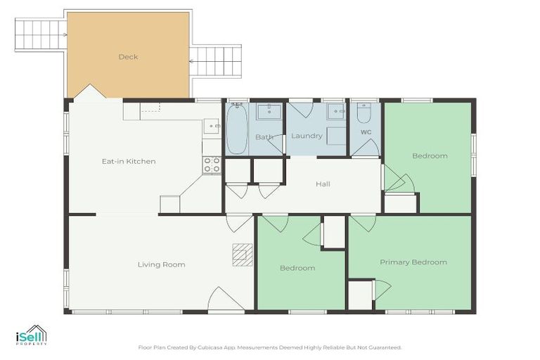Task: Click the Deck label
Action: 128,57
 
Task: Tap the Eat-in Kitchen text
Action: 129,162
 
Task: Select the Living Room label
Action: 161,264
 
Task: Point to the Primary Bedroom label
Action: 413,262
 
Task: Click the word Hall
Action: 323,184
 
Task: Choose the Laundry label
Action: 307,136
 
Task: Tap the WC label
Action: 366,131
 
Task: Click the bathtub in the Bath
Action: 236,129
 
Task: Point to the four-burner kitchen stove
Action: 212,165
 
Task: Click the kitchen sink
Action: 212,127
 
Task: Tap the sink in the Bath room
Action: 267,112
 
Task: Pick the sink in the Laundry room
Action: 337,112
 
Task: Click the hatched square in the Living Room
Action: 242,253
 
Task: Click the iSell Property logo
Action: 31,335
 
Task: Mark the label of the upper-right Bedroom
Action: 429,156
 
